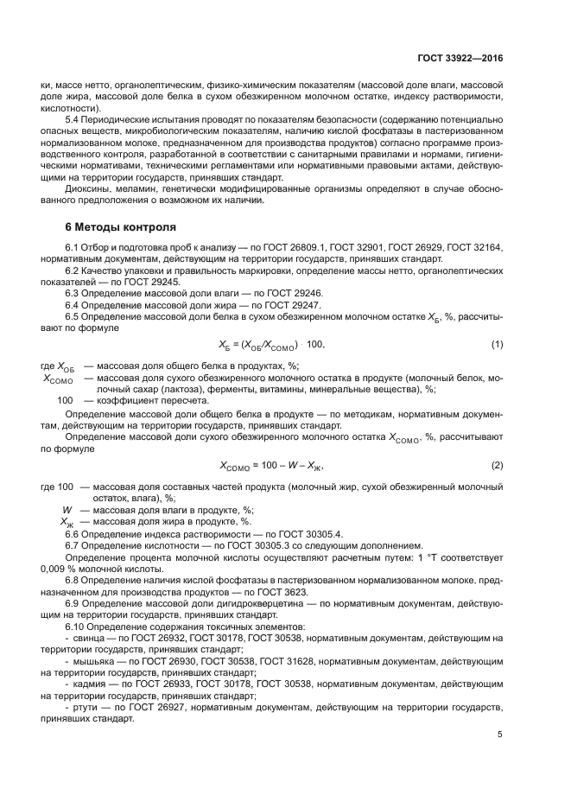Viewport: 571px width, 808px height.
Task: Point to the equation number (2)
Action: tap(497, 466)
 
